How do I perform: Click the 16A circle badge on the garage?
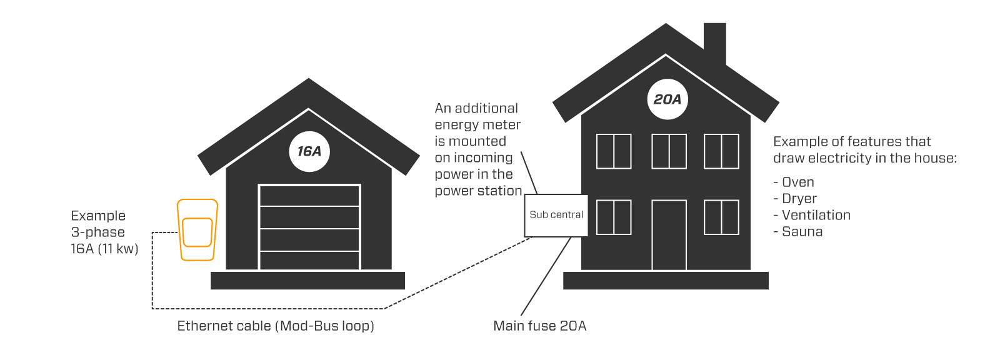(309, 151)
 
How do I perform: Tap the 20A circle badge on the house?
(667, 99)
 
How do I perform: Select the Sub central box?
(556, 215)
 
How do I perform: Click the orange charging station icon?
(197, 230)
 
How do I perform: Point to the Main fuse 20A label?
(539, 326)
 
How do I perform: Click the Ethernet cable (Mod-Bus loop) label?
(276, 326)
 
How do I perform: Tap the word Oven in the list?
(797, 182)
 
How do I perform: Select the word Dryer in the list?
(799, 199)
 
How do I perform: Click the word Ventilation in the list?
(816, 215)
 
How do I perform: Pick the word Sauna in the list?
(802, 232)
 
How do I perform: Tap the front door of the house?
(669, 234)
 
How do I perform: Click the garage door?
(309, 227)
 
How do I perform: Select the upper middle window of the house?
(669, 151)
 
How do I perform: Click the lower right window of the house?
(721, 217)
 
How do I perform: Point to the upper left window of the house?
(614, 151)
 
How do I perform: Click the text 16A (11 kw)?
(104, 249)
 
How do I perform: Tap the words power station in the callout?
(478, 191)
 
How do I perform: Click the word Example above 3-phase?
(98, 216)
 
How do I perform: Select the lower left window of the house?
(614, 217)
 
